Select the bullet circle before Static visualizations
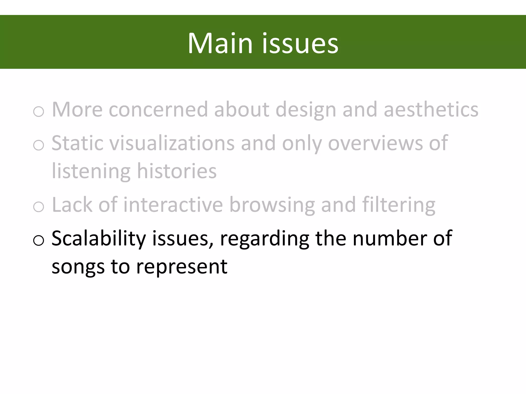(39, 145)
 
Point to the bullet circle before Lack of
(39, 207)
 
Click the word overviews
(375, 143)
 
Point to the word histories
(177, 171)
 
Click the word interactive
(173, 205)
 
